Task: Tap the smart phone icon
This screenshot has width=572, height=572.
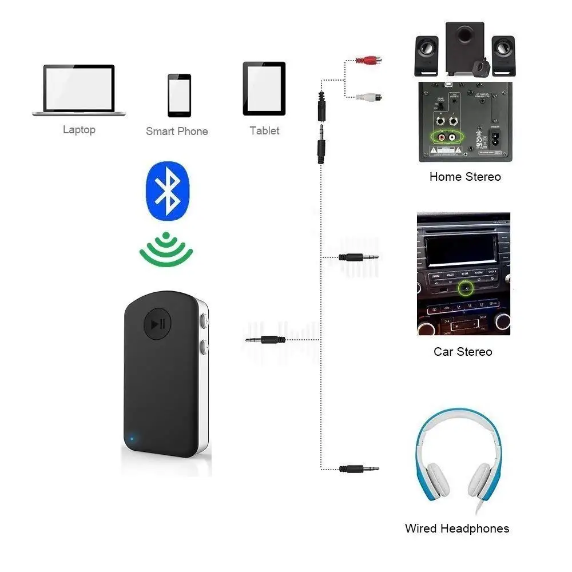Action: (179, 95)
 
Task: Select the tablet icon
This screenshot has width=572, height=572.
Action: (264, 89)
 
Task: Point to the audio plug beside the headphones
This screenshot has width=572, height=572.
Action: (359, 468)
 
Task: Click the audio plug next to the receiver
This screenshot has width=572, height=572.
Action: (265, 340)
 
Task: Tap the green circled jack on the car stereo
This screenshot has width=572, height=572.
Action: (465, 288)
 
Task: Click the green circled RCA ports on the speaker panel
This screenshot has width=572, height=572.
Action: (447, 137)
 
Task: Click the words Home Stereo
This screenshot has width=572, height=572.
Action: (465, 177)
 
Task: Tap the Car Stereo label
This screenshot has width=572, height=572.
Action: (463, 351)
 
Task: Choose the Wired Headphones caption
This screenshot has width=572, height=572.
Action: (456, 529)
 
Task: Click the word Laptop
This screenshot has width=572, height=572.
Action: (79, 130)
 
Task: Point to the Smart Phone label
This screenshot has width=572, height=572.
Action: (177, 132)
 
